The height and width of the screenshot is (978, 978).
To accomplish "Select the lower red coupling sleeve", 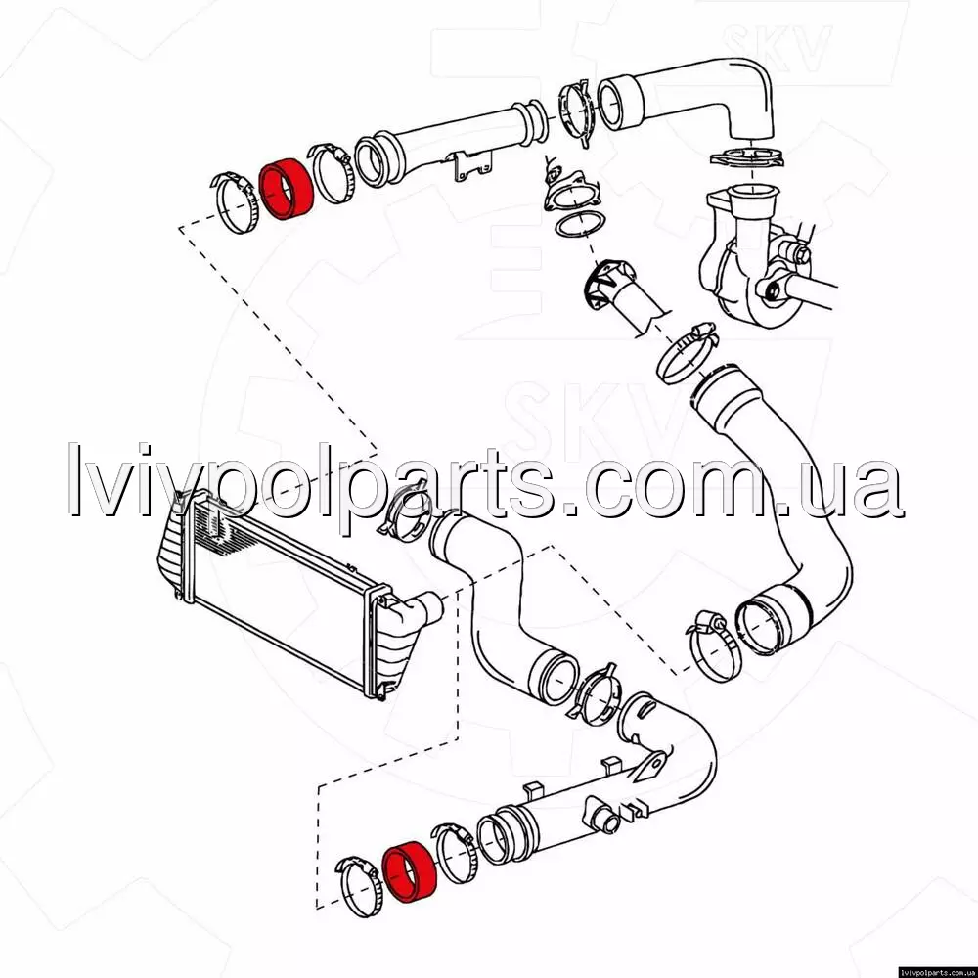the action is (x=409, y=870).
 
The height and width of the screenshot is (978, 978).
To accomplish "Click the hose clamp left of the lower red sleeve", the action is (x=358, y=887).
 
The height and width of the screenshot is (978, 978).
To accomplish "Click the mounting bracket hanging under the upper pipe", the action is (x=471, y=165).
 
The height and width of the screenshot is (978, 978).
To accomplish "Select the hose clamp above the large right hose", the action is (x=687, y=354).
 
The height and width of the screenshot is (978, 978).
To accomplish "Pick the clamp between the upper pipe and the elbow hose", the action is (x=575, y=112).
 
